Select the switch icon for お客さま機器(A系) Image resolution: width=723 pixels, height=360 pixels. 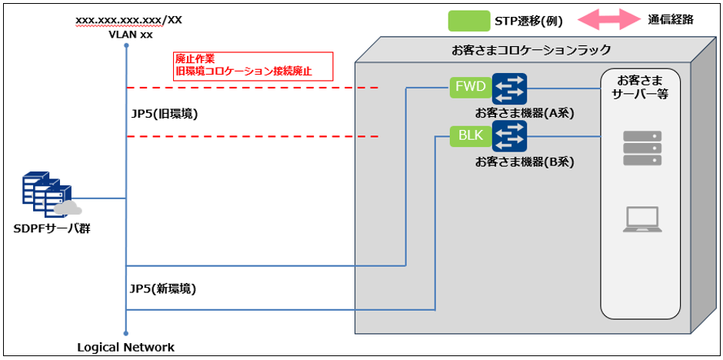[509, 88]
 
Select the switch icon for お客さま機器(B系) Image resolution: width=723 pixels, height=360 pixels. [509, 137]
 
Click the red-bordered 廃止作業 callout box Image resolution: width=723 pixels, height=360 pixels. [252, 66]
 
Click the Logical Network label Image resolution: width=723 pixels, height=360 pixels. [125, 347]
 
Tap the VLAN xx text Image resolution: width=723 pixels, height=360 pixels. [125, 35]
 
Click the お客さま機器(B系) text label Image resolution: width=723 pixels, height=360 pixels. [525, 162]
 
